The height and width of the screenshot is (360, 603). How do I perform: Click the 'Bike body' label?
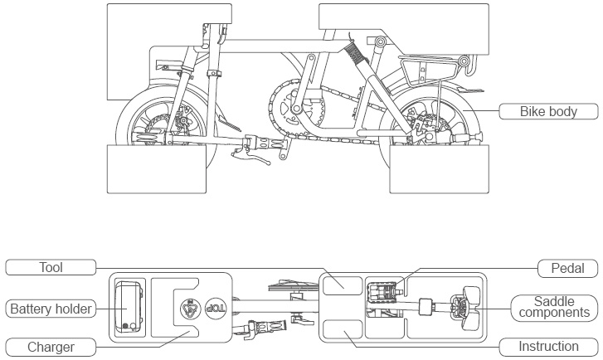(547, 111)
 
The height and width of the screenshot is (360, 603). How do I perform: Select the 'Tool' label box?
(51, 268)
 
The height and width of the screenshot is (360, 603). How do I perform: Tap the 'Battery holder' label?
(51, 309)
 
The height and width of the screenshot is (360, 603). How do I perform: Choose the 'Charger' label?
(51, 347)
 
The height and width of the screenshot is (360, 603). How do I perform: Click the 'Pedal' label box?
(568, 268)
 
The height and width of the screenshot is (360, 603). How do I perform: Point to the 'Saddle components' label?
(551, 307)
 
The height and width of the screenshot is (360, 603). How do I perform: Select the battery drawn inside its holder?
(129, 308)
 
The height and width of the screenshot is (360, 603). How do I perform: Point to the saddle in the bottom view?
(463, 308)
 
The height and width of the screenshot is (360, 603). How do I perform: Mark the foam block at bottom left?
(157, 168)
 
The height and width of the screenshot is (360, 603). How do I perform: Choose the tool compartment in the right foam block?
(342, 283)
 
